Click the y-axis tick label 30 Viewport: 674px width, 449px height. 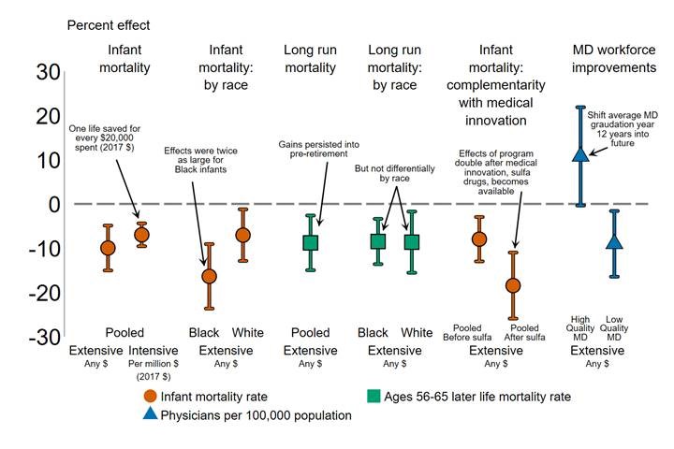(47, 72)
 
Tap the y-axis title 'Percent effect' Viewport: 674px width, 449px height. (107, 24)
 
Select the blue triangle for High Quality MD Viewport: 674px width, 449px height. (580, 152)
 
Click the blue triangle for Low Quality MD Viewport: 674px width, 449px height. (614, 242)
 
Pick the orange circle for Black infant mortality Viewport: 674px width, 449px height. (209, 276)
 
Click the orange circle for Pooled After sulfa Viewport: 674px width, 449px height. (512, 285)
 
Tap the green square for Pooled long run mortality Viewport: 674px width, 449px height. (311, 242)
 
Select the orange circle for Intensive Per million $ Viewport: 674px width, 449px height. (142, 234)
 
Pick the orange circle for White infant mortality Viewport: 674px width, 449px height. (243, 235)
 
